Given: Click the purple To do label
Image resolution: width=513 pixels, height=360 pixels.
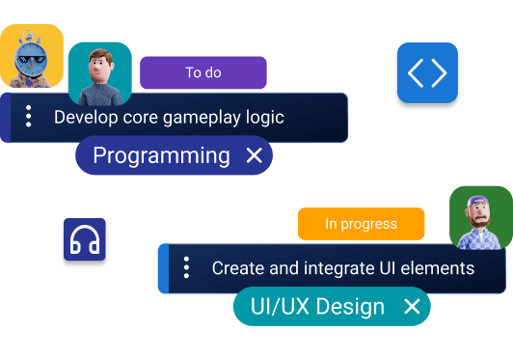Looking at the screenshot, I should point(202,73).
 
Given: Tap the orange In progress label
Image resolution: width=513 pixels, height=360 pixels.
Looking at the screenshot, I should point(361,224).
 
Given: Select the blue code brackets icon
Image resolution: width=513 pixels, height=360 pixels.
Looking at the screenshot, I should point(427,73).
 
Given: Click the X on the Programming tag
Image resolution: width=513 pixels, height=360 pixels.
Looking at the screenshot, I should point(255,155).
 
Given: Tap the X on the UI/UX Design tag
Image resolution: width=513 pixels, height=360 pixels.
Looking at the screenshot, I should point(412,307).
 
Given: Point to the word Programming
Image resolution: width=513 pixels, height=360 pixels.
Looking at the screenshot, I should point(161,155).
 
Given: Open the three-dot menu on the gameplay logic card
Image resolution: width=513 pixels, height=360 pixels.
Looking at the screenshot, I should point(29,118).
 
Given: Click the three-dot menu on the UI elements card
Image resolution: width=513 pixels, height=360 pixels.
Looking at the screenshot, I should point(186,268).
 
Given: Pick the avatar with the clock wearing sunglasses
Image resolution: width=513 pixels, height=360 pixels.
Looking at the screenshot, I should point(31,56).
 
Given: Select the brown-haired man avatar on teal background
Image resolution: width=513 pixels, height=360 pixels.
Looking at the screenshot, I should point(99,74).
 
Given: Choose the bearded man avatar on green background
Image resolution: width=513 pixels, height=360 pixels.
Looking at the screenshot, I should point(480,217).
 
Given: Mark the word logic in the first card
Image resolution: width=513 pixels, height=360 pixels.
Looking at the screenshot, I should point(265,118).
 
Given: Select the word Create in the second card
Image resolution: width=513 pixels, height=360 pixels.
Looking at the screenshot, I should point(237,268).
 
